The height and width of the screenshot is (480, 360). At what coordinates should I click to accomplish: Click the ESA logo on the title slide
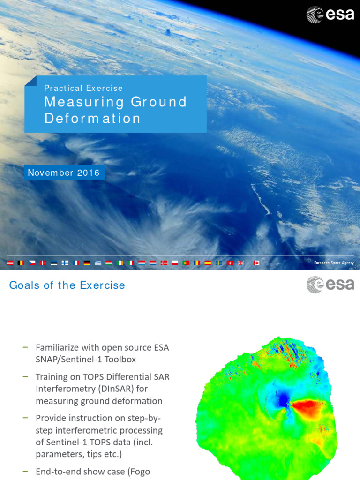330,14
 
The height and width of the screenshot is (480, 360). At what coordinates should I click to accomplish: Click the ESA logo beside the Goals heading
330,285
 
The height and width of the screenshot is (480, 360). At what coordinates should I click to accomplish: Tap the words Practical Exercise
83,88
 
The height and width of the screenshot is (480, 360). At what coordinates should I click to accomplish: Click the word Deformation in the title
92,119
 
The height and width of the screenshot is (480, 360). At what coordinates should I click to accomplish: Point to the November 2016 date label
64,172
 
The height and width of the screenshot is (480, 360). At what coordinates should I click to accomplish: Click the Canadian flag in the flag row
257,263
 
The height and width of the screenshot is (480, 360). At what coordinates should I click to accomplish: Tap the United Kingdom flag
241,263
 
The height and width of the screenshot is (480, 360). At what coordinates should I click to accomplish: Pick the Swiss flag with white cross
230,263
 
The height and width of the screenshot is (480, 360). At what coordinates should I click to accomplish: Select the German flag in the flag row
87,263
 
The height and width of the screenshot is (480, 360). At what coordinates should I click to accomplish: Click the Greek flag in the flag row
97,263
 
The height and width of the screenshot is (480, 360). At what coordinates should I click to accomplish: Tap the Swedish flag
219,263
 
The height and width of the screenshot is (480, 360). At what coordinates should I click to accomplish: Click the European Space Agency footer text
334,263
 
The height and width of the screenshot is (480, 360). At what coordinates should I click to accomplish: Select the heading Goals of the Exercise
67,285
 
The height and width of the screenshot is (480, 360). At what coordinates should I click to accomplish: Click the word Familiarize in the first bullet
59,347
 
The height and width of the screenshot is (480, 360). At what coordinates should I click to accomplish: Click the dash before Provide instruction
25,417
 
